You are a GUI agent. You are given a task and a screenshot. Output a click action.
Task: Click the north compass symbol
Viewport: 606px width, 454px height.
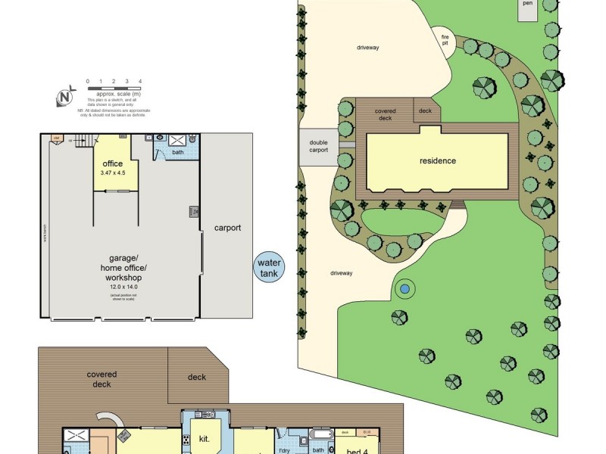(66, 98)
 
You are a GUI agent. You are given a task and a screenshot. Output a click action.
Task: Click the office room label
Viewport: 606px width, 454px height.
(112, 163)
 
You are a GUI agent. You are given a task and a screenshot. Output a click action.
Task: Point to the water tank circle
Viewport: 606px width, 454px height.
(269, 268)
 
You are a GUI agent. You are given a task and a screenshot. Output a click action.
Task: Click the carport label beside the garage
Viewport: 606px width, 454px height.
(227, 227)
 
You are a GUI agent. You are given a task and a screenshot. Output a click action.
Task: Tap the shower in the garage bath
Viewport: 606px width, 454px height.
(179, 141)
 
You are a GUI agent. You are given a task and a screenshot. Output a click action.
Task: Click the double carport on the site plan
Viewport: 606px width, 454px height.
(319, 145)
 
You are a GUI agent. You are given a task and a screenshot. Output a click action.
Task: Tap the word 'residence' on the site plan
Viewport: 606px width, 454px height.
(438, 160)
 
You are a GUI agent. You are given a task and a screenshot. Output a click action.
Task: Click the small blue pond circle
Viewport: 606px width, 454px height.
(405, 288)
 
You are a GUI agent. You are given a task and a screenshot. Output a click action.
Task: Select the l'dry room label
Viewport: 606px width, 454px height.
(286, 450)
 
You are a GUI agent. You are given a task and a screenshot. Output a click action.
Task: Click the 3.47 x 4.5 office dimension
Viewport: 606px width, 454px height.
(112, 173)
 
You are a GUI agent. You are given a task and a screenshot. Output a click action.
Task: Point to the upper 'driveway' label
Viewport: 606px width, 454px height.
(367, 48)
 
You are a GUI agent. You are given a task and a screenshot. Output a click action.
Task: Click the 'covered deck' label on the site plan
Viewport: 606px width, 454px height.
(386, 115)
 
